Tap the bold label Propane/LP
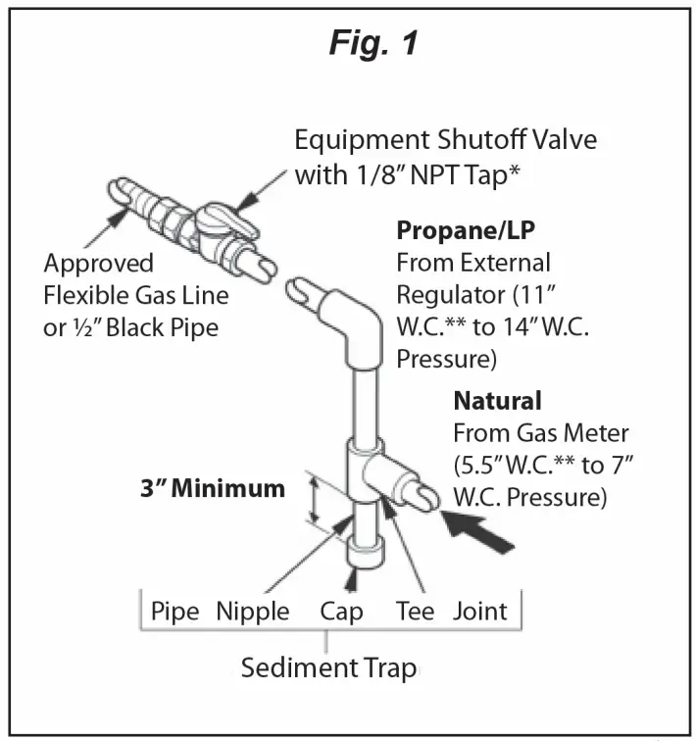point(466,231)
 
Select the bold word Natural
point(497,401)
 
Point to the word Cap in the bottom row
point(341,612)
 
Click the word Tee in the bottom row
point(415,612)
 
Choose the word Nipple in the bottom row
point(253,612)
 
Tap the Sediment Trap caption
point(328,668)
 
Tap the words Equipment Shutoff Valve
point(445,139)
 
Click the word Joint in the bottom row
point(480,612)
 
